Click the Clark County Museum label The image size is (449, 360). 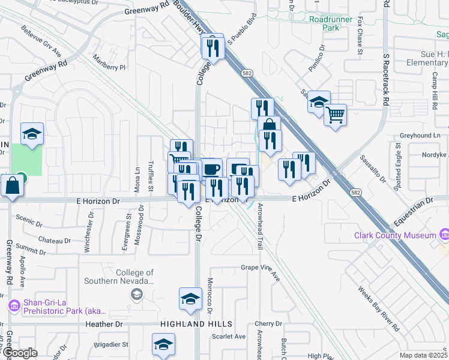pyautogui.click(x=394, y=235)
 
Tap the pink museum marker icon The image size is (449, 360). pyautogui.click(x=444, y=232)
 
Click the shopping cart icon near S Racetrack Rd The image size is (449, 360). pyautogui.click(x=335, y=113)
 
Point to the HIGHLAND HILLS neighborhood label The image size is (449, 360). pyautogui.click(x=196, y=324)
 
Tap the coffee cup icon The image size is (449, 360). pyautogui.click(x=211, y=169)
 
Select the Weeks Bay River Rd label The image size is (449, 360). pyautogui.click(x=379, y=310)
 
